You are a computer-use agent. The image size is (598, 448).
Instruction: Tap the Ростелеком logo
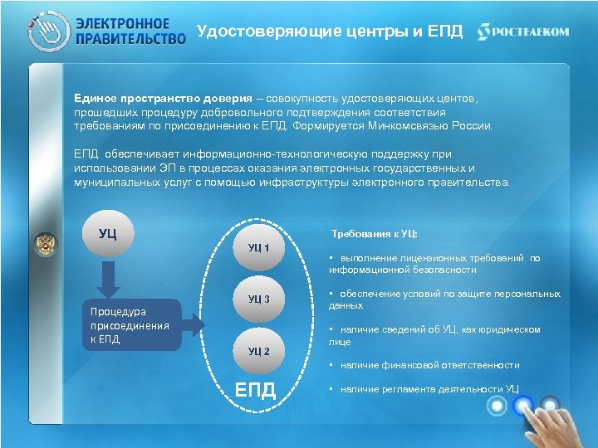coord(523,32)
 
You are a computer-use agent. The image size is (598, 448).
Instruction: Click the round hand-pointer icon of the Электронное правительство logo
coord(46,32)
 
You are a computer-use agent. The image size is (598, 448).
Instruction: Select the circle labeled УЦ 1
coord(259,247)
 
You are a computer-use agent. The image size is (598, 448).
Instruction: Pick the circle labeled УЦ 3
coord(259,299)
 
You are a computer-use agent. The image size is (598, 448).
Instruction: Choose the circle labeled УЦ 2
coord(259,350)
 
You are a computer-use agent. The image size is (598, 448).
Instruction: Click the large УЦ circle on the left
coord(106,231)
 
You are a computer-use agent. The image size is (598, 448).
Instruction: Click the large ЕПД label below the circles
coord(256,389)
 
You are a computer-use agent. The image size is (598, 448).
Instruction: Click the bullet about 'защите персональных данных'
coord(444,299)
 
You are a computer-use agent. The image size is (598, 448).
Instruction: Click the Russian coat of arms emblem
coord(45,244)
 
